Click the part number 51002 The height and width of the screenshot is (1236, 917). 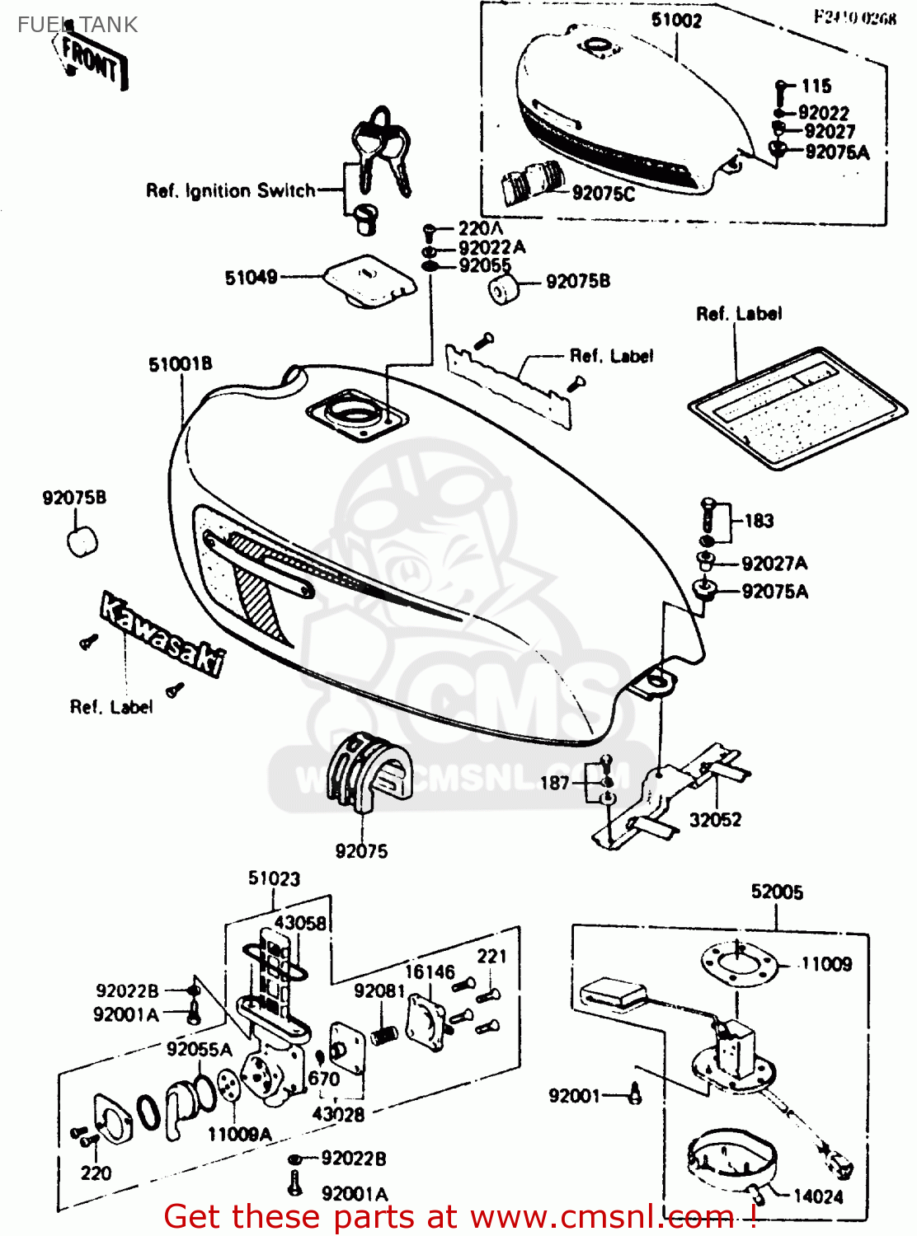point(676,21)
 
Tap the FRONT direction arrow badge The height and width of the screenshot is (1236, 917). point(92,61)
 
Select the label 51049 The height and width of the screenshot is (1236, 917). point(251,278)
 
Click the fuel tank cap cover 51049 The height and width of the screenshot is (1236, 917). point(369,280)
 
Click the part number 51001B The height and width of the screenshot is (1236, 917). point(180,364)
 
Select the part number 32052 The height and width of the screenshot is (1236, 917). point(715,820)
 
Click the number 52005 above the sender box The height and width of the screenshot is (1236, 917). point(777,892)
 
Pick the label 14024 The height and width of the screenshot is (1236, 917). point(818,1196)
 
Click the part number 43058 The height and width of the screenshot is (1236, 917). point(300,924)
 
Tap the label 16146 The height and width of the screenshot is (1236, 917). point(429,972)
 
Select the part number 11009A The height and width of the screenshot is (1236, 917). point(239,1135)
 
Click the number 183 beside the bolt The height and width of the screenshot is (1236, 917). point(759,521)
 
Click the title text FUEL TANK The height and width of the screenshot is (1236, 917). point(78,25)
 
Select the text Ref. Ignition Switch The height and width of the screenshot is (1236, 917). point(230,191)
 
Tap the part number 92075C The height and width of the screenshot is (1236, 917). point(604,194)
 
